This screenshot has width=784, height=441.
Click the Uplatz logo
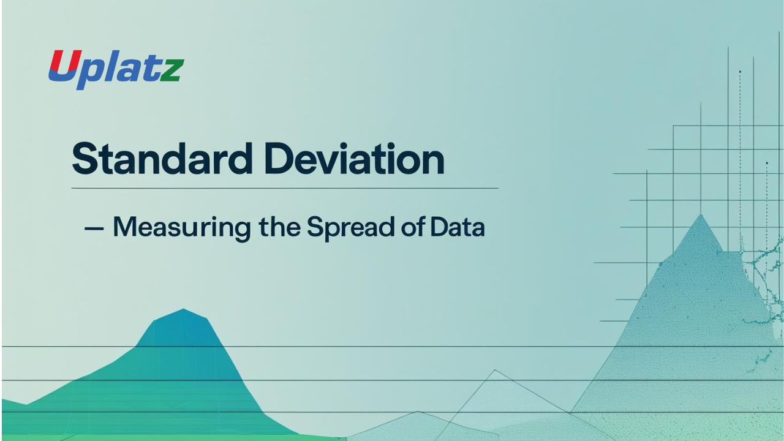pyautogui.click(x=116, y=69)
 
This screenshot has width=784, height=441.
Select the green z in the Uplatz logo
pyautogui.click(x=172, y=71)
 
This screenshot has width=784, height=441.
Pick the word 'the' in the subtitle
pyautogui.click(x=279, y=227)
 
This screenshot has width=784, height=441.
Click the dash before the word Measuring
pyautogui.click(x=94, y=228)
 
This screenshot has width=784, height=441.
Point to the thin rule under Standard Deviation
pyautogui.click(x=285, y=188)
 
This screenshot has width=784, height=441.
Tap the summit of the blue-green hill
pyautogui.click(x=183, y=309)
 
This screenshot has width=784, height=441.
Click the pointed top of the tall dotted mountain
pyautogui.click(x=701, y=215)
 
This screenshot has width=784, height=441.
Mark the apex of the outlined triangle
pyautogui.click(x=494, y=371)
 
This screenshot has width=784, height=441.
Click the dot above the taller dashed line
pyautogui.click(x=740, y=72)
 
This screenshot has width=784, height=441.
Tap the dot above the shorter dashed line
pyautogui.click(x=767, y=163)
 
